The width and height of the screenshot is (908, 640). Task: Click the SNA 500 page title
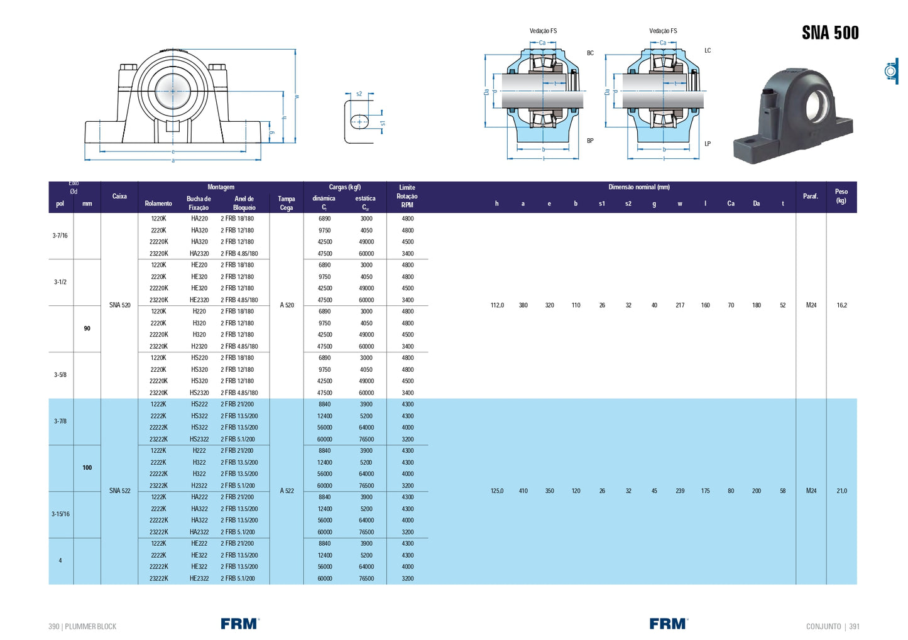(x=829, y=33)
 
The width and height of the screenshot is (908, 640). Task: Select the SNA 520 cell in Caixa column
(x=119, y=305)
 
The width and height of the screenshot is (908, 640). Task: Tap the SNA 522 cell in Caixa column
(x=119, y=491)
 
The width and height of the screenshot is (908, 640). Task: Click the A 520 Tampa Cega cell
(x=287, y=305)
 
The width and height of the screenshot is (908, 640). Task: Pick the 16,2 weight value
(x=841, y=305)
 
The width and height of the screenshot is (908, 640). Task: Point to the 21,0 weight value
(x=841, y=491)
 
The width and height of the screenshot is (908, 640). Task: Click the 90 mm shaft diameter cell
(x=87, y=328)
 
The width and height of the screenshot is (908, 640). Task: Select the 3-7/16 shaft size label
(x=60, y=236)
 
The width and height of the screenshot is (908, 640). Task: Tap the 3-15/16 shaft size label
(x=60, y=514)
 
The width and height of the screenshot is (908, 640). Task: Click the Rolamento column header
(x=158, y=203)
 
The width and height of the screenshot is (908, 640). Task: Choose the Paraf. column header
(x=811, y=197)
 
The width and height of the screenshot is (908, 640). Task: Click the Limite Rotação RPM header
(x=407, y=196)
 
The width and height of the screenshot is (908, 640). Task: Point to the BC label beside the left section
(x=590, y=53)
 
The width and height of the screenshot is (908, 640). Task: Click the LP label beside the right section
(x=708, y=144)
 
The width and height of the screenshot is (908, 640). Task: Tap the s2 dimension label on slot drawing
(x=359, y=94)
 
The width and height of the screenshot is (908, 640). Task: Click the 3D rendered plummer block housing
(x=793, y=116)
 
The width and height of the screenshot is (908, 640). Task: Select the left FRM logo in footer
(x=239, y=624)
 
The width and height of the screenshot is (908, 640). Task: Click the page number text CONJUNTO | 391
(x=833, y=626)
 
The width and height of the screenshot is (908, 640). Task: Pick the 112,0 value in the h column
(x=497, y=305)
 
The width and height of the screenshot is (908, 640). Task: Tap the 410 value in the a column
(x=523, y=491)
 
